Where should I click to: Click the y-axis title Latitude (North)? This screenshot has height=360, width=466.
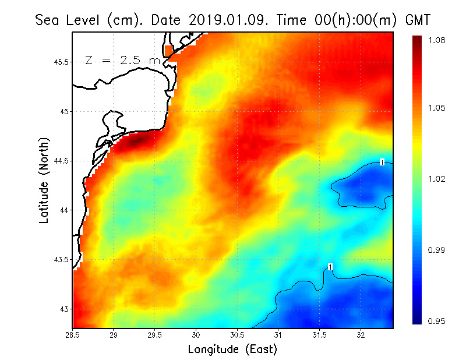(44, 180)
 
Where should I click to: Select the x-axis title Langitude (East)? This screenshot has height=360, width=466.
(232, 350)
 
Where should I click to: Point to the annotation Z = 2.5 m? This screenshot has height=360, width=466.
(122, 60)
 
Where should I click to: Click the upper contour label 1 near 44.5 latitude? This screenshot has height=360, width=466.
(382, 162)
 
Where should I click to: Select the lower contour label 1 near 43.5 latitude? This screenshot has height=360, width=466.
(330, 267)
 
